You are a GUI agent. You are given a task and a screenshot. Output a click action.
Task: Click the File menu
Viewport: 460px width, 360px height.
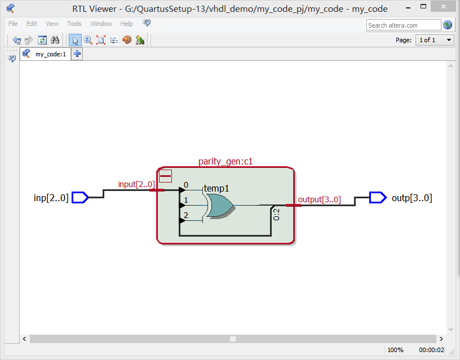click(x=13, y=24)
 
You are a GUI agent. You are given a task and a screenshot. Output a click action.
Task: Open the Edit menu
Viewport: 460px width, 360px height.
click(x=32, y=24)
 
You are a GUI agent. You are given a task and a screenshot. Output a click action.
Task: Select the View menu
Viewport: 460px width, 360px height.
click(x=52, y=24)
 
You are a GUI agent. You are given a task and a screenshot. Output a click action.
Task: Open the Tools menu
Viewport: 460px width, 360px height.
click(x=74, y=24)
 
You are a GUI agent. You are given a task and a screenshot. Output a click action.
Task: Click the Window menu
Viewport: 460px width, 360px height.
click(x=101, y=24)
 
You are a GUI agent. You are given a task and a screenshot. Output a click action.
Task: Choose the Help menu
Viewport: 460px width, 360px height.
click(x=127, y=24)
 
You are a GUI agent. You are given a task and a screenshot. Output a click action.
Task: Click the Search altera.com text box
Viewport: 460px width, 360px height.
click(x=404, y=25)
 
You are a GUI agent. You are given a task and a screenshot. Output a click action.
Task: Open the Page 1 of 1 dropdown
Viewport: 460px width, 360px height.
click(x=435, y=40)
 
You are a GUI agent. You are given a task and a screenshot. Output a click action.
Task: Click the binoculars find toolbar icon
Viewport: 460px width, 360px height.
click(x=55, y=40)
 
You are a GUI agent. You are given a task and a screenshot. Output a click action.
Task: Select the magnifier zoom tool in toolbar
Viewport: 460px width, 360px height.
click(x=88, y=40)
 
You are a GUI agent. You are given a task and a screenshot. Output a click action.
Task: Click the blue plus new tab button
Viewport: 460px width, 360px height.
click(x=77, y=54)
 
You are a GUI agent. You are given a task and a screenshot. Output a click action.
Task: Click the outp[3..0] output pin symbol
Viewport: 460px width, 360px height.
click(x=378, y=197)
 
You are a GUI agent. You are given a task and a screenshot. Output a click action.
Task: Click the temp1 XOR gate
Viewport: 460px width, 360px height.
click(x=220, y=206)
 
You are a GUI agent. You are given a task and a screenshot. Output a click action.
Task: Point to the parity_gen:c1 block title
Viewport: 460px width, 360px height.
click(x=225, y=162)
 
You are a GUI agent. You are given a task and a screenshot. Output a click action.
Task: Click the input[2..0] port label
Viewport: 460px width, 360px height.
click(x=136, y=184)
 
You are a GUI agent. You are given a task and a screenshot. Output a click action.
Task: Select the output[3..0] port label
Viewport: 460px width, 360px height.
click(x=319, y=199)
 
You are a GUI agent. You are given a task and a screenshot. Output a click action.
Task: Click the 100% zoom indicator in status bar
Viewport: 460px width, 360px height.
click(x=395, y=350)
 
